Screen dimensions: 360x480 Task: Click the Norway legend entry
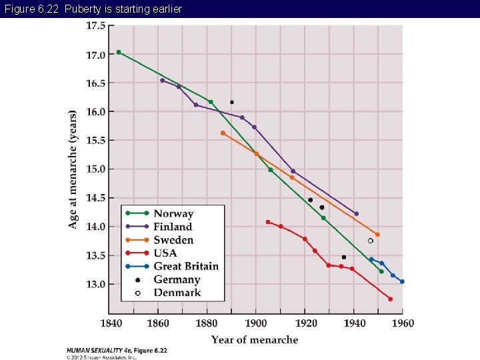tap(173, 214)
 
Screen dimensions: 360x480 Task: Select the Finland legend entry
tap(173, 227)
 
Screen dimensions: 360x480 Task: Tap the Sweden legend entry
tap(173, 240)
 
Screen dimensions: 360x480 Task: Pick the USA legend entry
tap(165, 253)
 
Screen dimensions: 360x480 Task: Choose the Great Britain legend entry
tap(186, 266)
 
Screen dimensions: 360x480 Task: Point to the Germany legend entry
tap(177, 279)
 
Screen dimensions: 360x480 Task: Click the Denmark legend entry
tap(177, 293)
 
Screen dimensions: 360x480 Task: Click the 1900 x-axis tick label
tap(256, 323)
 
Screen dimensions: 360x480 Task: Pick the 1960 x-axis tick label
tap(402, 323)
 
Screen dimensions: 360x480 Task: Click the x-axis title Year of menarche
tap(255, 340)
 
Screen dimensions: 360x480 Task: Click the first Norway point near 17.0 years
tap(119, 52)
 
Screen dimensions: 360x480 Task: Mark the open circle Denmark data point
tap(371, 241)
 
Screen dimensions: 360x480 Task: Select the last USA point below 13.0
tap(390, 299)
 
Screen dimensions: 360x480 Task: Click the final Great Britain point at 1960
tap(402, 281)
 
